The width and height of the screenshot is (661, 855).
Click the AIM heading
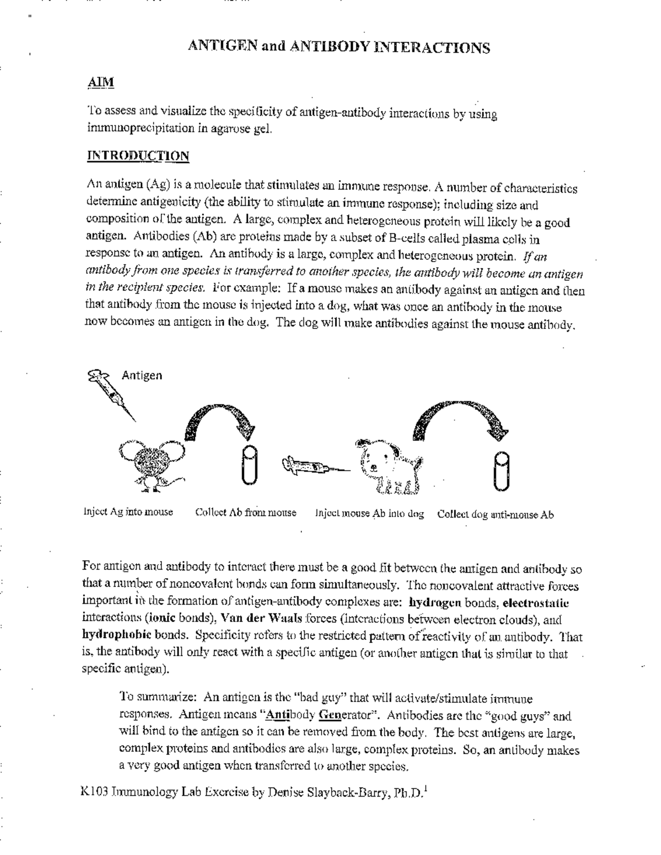[x=101, y=82]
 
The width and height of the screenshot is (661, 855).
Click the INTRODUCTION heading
[x=138, y=156]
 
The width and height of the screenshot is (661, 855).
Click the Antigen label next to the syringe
[x=142, y=375]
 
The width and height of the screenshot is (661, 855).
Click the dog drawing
[x=389, y=466]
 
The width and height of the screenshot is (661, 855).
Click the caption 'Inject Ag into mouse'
[x=128, y=512]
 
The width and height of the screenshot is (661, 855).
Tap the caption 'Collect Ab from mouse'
[x=246, y=513]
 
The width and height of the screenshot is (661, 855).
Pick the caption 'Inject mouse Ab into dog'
[x=370, y=514]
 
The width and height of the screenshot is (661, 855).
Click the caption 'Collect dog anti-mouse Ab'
[x=495, y=515]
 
